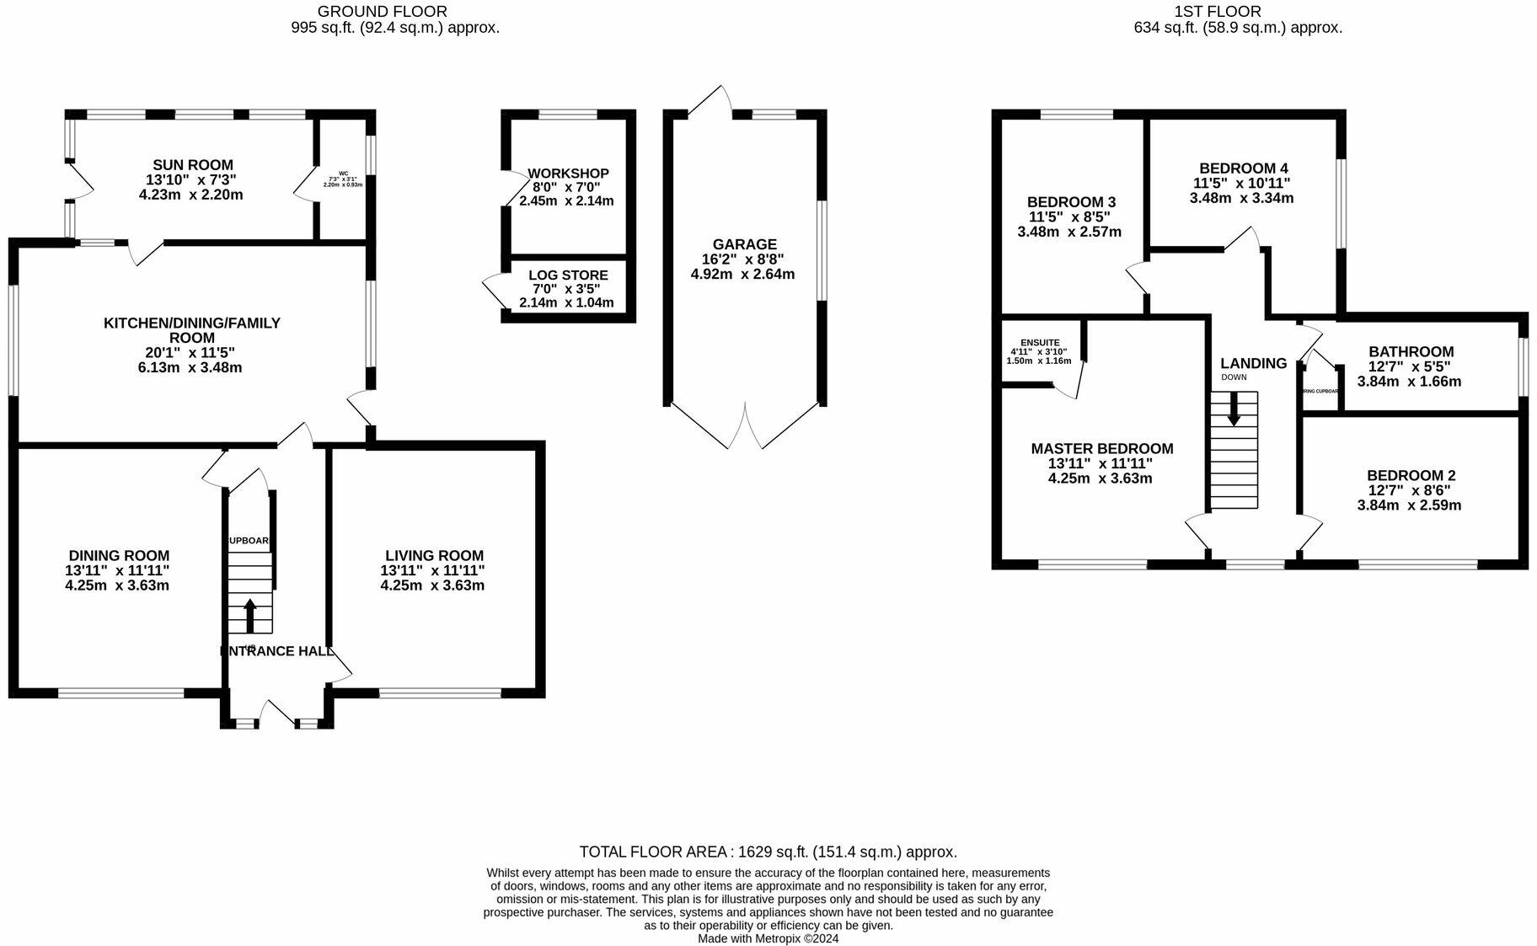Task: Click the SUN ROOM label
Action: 193,165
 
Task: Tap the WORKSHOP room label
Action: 569,174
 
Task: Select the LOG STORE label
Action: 568,275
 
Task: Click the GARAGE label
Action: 744,244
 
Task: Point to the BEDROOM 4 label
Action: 1243,168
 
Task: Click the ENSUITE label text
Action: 1040,343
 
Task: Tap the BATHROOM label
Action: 1411,352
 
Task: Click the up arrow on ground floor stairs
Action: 249,614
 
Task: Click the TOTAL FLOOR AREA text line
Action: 768,852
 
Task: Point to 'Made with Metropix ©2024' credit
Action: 768,938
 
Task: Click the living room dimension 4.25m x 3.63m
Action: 432,585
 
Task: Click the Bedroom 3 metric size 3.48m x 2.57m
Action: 1069,232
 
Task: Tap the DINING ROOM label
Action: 119,556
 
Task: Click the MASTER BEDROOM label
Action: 1101,449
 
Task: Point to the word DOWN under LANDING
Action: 1234,377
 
